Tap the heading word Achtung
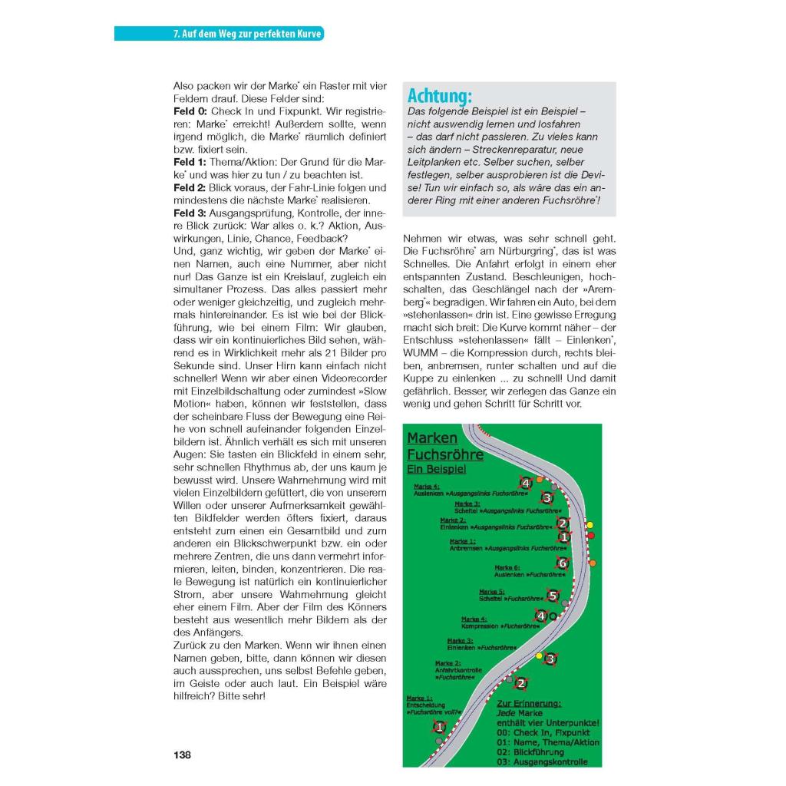click(439, 97)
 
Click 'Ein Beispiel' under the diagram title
click(436, 468)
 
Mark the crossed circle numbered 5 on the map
click(553, 595)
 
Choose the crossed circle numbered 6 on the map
click(562, 563)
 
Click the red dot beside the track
click(591, 535)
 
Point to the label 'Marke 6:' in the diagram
click(507, 567)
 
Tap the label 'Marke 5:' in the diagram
click(491, 592)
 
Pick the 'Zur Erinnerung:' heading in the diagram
click(529, 703)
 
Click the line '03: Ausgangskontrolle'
click(542, 761)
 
